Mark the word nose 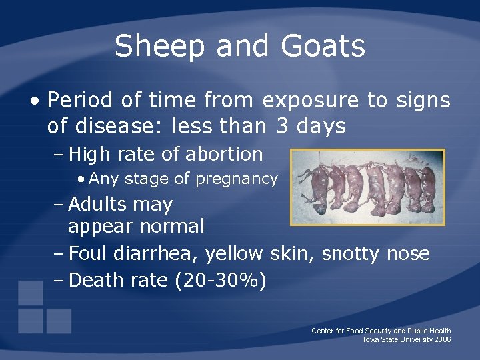coord(408,254)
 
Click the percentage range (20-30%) coord(221,281)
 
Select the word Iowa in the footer coord(371,339)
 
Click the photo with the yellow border coord(367,187)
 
